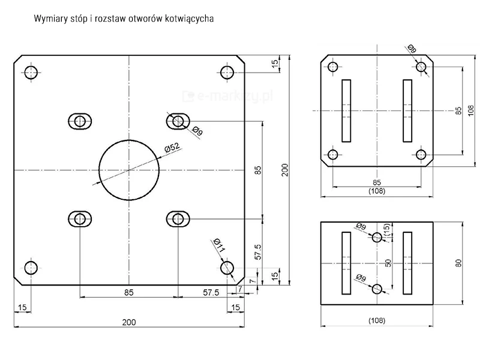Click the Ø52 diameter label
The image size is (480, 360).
[x=172, y=148]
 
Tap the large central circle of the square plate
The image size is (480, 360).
[x=128, y=170]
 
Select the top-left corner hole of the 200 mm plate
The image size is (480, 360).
[x=31, y=73]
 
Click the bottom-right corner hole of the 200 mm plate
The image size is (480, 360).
[x=227, y=268]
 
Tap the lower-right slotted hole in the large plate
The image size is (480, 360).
[x=178, y=219]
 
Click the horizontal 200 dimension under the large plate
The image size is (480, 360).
[x=128, y=322]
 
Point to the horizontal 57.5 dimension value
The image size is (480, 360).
[x=211, y=292]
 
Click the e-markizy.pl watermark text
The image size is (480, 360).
[x=226, y=94]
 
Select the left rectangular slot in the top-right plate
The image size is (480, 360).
[x=346, y=111]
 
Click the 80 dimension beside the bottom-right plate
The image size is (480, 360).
[x=458, y=263]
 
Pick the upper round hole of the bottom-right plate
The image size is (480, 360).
[x=377, y=238]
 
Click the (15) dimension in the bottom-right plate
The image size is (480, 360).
[x=387, y=230]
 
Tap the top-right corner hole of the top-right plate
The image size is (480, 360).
[x=423, y=67]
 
